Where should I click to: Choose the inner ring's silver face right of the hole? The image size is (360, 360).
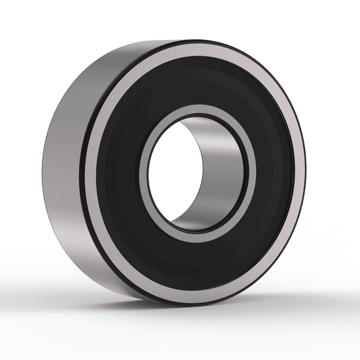[251, 173]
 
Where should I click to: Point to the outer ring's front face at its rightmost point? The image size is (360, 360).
[302, 173]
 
